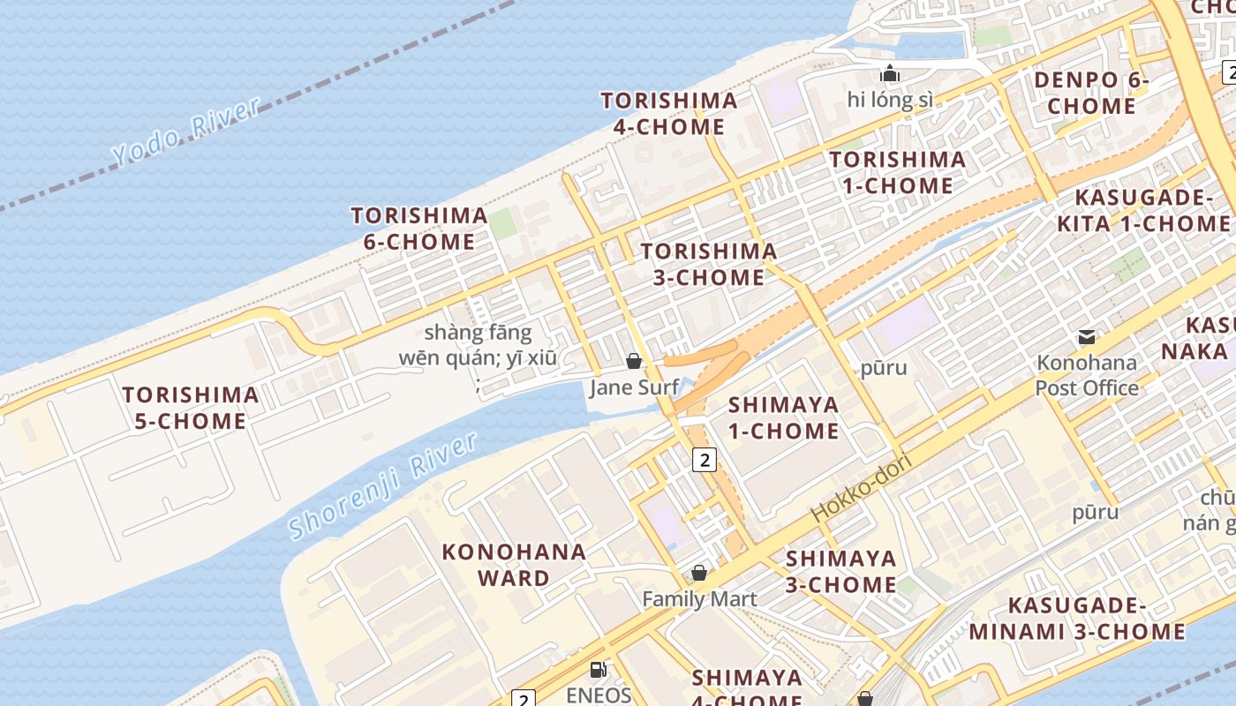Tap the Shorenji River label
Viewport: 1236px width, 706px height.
pyautogui.click(x=382, y=485)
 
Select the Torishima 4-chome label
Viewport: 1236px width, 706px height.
pyautogui.click(x=669, y=114)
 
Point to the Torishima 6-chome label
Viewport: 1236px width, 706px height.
pyautogui.click(x=419, y=229)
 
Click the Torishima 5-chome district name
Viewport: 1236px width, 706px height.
pyautogui.click(x=191, y=408)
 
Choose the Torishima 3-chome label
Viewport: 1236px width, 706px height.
pyautogui.click(x=709, y=264)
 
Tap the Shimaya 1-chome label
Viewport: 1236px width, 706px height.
pyautogui.click(x=783, y=417)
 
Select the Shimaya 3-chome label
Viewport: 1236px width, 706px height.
pyautogui.click(x=840, y=571)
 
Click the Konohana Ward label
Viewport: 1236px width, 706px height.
pyautogui.click(x=514, y=565)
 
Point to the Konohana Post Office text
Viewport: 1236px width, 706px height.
pyautogui.click(x=1087, y=375)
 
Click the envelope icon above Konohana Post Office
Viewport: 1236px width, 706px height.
pyautogui.click(x=1087, y=336)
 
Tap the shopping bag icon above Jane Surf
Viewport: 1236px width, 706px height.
pyautogui.click(x=633, y=360)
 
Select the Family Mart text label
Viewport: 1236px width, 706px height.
pyautogui.click(x=699, y=599)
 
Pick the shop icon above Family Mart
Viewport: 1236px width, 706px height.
pyautogui.click(x=699, y=573)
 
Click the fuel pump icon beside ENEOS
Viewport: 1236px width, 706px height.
pyautogui.click(x=598, y=670)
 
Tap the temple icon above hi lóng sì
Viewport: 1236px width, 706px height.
pyautogui.click(x=889, y=73)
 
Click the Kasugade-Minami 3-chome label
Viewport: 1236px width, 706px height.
pyautogui.click(x=1077, y=619)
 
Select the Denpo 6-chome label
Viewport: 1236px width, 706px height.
pyautogui.click(x=1091, y=94)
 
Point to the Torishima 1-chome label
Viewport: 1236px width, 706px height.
pyautogui.click(x=897, y=172)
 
